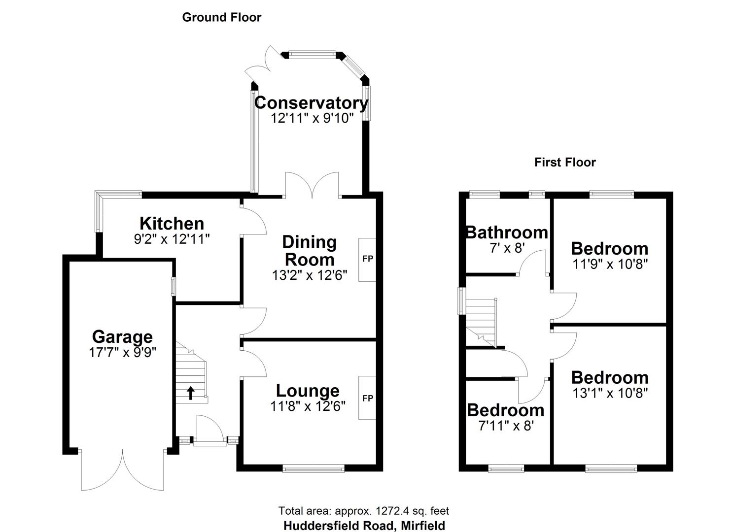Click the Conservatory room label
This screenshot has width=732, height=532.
pyautogui.click(x=311, y=103)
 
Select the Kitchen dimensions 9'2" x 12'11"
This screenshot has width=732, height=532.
pyautogui.click(x=172, y=239)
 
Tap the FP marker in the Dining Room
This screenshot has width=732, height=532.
pyautogui.click(x=368, y=259)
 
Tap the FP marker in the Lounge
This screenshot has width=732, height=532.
pyautogui.click(x=368, y=398)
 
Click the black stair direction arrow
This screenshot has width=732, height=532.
pyautogui.click(x=190, y=393)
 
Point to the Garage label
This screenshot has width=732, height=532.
pyautogui.click(x=122, y=337)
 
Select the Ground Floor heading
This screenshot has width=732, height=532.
pyautogui.click(x=221, y=17)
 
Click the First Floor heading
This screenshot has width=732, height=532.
pyautogui.click(x=565, y=162)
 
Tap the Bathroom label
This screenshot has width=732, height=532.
pyautogui.click(x=507, y=232)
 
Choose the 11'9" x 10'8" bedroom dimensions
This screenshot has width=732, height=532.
pyautogui.click(x=609, y=264)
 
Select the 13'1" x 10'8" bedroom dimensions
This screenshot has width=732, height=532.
pyautogui.click(x=609, y=393)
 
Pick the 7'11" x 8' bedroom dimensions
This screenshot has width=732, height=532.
pyautogui.click(x=506, y=425)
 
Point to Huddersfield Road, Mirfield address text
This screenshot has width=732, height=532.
pyautogui.click(x=364, y=526)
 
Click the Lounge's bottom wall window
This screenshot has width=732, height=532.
pyautogui.click(x=314, y=468)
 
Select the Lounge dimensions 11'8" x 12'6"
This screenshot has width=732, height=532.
pyautogui.click(x=308, y=406)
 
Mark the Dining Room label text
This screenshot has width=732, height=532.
pyautogui.click(x=310, y=250)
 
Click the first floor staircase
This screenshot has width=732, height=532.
pyautogui.click(x=481, y=320)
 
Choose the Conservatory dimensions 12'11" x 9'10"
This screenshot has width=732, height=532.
pyautogui.click(x=312, y=118)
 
